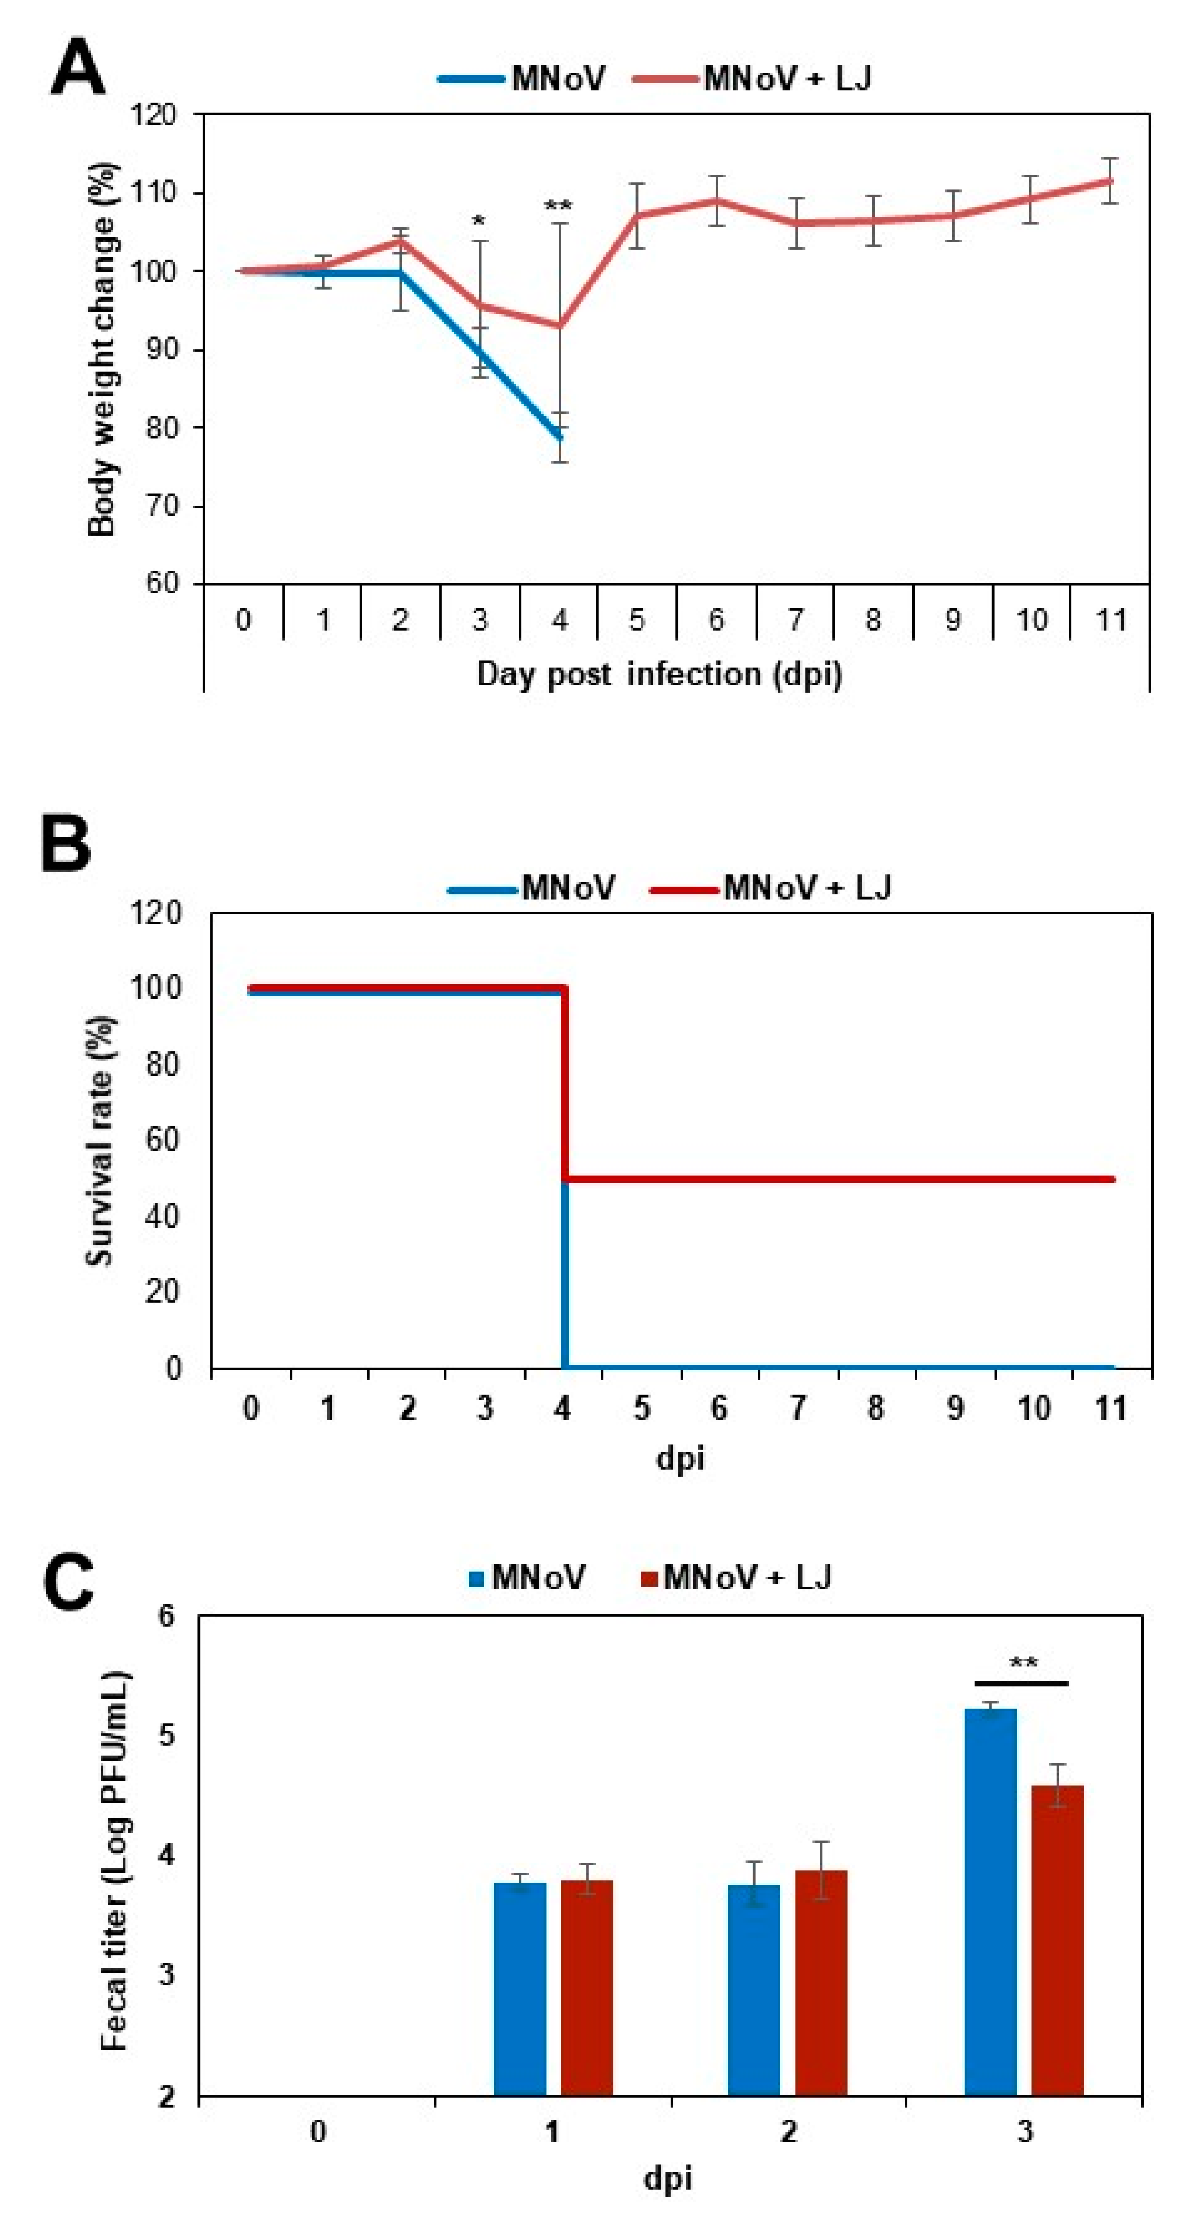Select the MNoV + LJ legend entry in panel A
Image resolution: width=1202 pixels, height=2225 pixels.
pos(752,78)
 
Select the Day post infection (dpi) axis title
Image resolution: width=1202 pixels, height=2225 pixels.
pos(659,674)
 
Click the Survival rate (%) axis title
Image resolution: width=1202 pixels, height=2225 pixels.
pos(100,1140)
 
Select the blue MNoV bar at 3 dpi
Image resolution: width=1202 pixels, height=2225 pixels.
pos(990,1900)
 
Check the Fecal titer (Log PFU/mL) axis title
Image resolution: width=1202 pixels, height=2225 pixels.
pos(115,1861)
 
